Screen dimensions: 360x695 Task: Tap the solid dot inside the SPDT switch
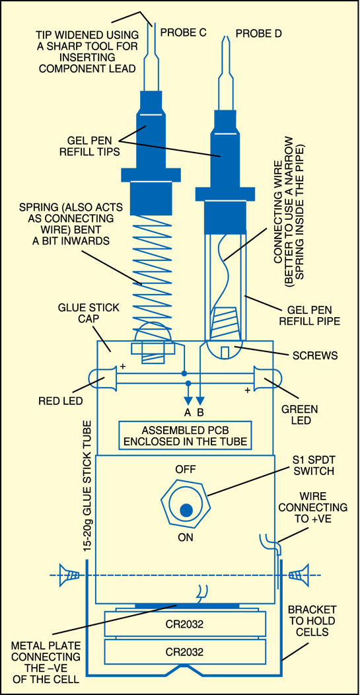(186, 510)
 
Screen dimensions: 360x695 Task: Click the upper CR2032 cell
(184, 623)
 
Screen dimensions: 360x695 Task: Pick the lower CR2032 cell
(184, 651)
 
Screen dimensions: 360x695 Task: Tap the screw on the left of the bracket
(70, 575)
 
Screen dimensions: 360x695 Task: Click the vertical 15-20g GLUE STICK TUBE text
(87, 483)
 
